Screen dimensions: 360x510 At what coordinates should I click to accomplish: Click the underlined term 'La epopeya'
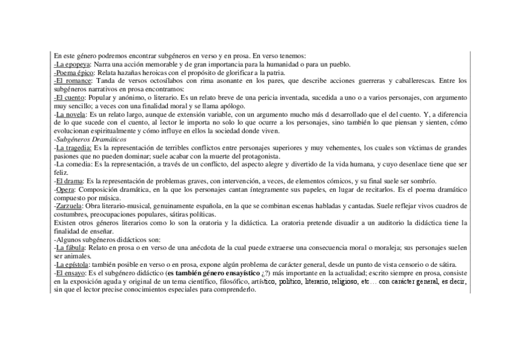point(73,64)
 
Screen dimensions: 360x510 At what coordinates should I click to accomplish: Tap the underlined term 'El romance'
point(73,80)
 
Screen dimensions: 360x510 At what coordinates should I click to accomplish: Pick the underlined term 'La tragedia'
point(74,147)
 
